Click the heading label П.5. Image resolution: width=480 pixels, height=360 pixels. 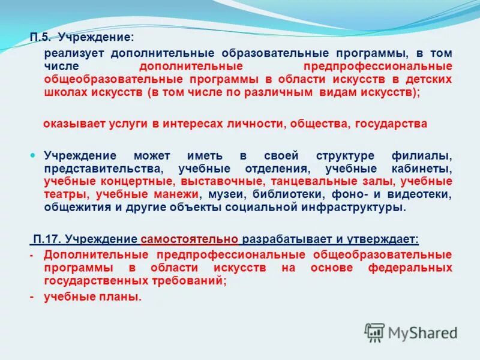click(x=41, y=38)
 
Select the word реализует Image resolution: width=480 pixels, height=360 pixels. click(x=70, y=53)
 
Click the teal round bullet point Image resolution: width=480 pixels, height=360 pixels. click(x=34, y=155)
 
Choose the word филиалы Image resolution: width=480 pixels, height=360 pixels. click(x=427, y=155)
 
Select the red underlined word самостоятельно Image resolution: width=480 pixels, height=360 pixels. click(x=190, y=239)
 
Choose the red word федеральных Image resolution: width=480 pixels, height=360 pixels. click(x=410, y=268)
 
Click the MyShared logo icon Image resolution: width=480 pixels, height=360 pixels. click(x=375, y=332)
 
